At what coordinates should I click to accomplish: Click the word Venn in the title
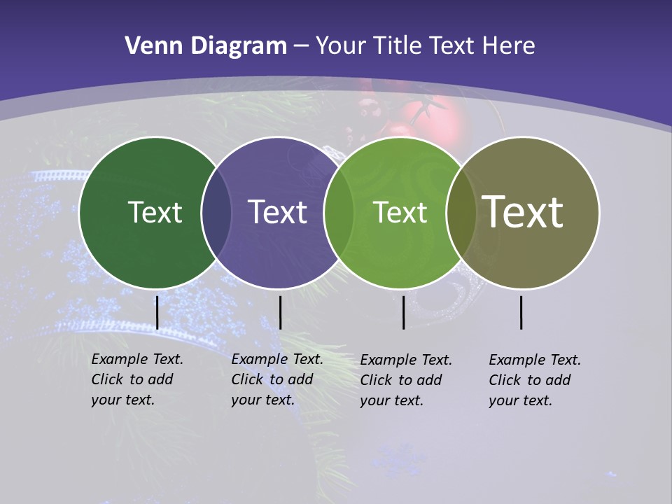(149, 46)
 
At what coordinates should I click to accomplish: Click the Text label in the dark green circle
(155, 212)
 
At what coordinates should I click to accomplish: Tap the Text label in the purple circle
(278, 212)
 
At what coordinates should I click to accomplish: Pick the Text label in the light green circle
(400, 212)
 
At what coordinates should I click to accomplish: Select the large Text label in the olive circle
(523, 212)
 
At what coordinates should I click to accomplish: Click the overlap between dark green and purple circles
(216, 213)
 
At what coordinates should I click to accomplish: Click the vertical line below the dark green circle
(157, 312)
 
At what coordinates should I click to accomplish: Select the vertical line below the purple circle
(281, 312)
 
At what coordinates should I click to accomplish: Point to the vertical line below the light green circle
(404, 312)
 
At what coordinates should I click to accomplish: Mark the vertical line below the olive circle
(521, 312)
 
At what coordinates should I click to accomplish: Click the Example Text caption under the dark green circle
(137, 379)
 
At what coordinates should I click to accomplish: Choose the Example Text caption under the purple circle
(277, 379)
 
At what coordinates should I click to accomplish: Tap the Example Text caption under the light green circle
(406, 380)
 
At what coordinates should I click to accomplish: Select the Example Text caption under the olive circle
(535, 380)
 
